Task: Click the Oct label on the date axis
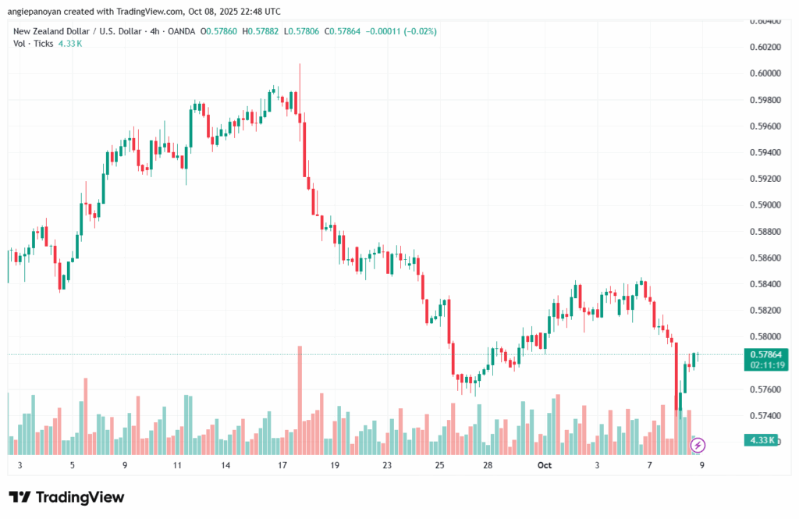544,465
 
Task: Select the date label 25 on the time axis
439,465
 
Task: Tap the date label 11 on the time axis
177,465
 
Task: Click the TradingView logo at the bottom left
66,497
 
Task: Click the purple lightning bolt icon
698,445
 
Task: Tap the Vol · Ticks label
33,44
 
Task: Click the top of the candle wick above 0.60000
300,65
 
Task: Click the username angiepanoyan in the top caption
38,12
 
